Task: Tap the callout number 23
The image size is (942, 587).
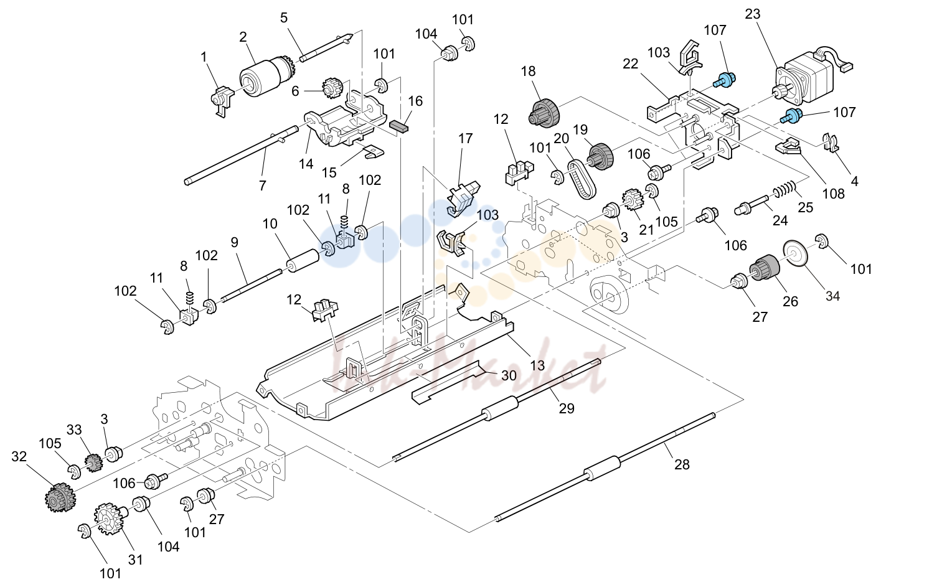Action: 753,14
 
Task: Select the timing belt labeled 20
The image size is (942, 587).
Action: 582,179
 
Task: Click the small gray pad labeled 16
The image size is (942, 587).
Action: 399,126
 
